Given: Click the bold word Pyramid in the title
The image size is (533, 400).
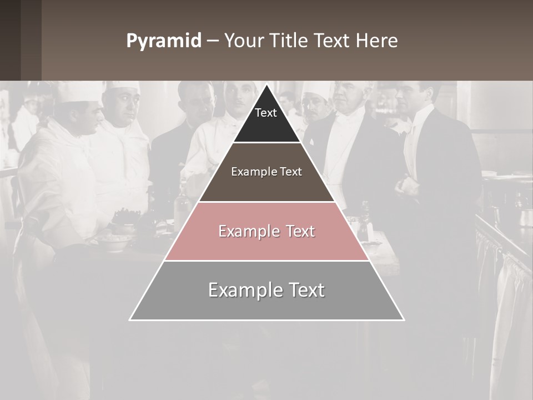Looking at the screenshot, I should coord(164,41).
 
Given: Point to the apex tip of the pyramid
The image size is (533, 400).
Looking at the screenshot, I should coord(266,86).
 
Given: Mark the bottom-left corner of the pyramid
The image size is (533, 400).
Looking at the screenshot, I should coord(130,319).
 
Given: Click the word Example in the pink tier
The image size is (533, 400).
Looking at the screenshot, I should coord(243,231).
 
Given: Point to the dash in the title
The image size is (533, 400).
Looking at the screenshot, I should coord(213,41).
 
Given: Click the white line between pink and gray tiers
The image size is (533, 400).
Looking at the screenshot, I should coord(266,261).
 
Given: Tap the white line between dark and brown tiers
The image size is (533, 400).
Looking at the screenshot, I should coord(266,143).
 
